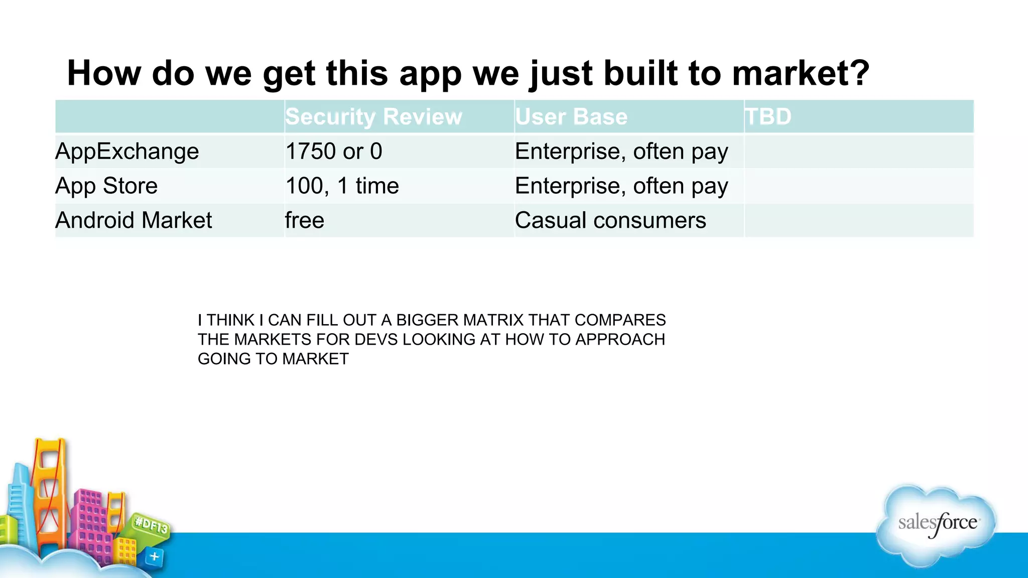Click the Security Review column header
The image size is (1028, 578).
(x=373, y=116)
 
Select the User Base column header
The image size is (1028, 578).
(x=571, y=116)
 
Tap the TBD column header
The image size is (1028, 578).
(x=768, y=116)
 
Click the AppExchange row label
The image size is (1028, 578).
(x=127, y=151)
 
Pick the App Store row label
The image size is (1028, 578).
(x=106, y=186)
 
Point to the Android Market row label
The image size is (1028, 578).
(x=134, y=220)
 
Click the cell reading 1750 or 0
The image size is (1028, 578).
(x=334, y=151)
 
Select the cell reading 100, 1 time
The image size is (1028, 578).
(x=342, y=186)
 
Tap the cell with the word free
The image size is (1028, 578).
(x=305, y=220)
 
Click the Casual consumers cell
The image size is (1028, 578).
(x=610, y=220)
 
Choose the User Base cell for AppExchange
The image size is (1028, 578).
(x=621, y=151)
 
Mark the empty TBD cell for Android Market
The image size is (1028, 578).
(x=858, y=220)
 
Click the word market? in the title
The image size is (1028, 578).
(x=800, y=73)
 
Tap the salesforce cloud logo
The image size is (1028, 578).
(x=937, y=524)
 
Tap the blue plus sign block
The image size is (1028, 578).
(x=155, y=556)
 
